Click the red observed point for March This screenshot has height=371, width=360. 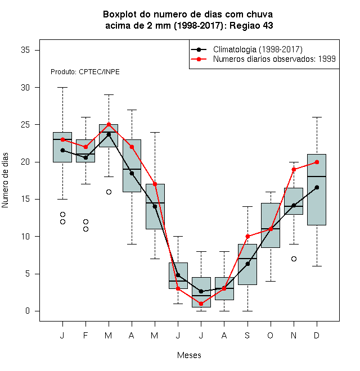tap(109, 124)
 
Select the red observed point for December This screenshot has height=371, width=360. tap(317, 162)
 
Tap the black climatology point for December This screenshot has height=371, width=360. tap(317, 187)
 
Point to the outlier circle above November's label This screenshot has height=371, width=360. tap(294, 259)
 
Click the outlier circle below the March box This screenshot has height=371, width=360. tap(109, 192)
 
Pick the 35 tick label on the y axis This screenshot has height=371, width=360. tap(25, 50)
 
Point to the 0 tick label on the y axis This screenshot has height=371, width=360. tap(28, 311)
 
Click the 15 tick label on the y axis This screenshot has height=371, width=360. tap(25, 199)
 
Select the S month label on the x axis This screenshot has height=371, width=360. tap(247, 335)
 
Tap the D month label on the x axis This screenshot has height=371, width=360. tap(317, 335)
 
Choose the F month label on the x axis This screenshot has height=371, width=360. tap(85, 335)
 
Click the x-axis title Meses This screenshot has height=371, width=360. tap(189, 355)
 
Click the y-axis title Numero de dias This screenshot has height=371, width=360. tap(5, 180)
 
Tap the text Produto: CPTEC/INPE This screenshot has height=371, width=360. tap(85, 72)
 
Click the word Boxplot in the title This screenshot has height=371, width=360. tap(120, 15)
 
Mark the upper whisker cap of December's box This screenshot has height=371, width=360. tap(317, 117)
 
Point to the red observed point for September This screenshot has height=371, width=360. tap(247, 236)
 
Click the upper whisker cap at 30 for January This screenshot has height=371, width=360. tap(62, 87)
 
